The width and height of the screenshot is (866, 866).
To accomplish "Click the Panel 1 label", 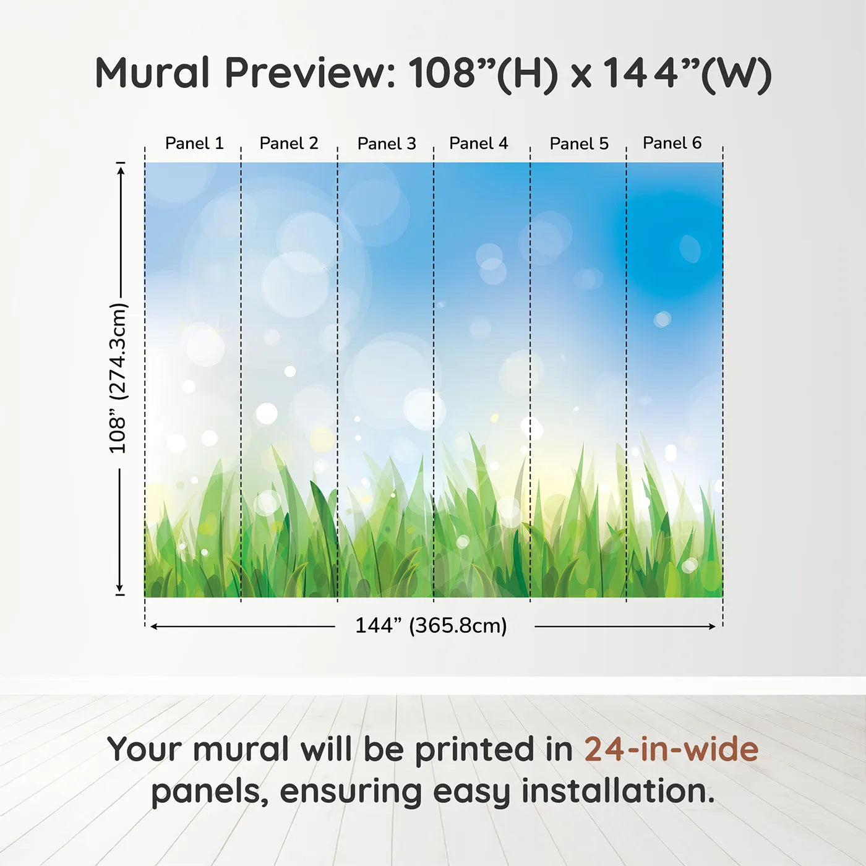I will coord(194,144).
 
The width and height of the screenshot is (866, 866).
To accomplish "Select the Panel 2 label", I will coord(288,144).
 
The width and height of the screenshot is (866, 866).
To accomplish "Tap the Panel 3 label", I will coord(387,144).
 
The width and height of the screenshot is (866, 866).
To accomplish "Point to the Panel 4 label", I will coord(478,144).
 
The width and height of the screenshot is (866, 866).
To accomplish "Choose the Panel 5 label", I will coord(579,144).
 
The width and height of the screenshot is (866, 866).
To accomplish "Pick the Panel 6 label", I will coord(672,144).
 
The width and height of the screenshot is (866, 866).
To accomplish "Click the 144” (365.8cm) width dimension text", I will coord(431,626).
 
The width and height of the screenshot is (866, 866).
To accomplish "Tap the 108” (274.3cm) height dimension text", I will coord(118,378).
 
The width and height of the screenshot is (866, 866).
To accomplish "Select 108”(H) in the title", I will coord(483,74).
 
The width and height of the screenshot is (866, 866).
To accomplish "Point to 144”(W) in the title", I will coord(687,74).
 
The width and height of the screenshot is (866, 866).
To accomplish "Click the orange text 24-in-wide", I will coord(671,749).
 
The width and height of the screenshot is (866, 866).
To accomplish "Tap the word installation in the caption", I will coord(617,791).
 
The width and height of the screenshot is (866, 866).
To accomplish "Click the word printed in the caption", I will coord(474,750).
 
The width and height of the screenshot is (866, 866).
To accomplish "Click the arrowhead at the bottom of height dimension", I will coord(120,588).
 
